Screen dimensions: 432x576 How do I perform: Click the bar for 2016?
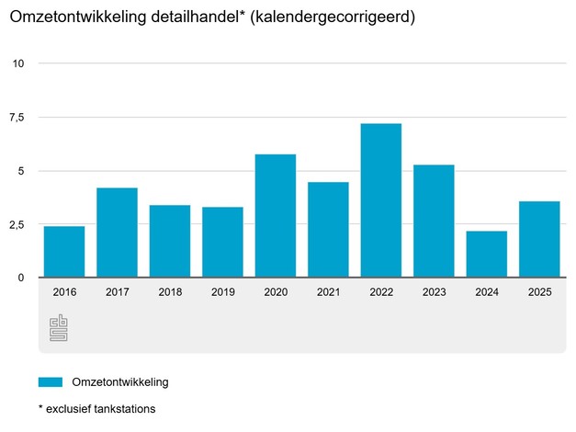click(64, 252)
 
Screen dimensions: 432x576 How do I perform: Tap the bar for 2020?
click(275, 216)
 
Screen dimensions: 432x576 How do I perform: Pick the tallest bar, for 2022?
click(380, 200)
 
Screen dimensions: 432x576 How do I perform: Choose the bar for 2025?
click(539, 239)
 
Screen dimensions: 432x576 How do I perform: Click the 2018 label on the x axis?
click(170, 291)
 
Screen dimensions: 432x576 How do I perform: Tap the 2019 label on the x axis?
click(222, 291)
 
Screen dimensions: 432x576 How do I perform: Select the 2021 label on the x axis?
click(328, 291)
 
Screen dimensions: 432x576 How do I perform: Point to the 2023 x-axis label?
click(434, 291)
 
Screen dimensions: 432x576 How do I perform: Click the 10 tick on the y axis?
click(18, 63)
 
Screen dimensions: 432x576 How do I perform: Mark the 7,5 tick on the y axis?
click(18, 117)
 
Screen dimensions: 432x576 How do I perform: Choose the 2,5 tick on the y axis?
click(18, 224)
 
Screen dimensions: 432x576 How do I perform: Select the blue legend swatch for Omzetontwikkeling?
click(51, 381)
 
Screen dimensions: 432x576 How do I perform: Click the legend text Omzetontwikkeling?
click(120, 381)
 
